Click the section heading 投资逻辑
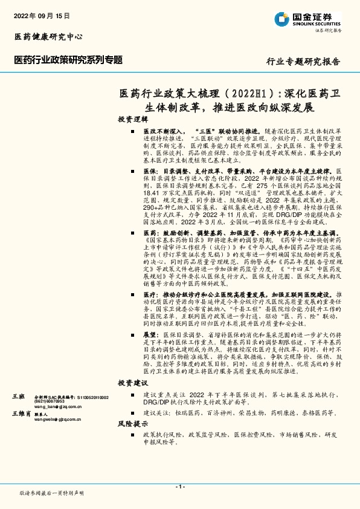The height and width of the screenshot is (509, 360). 132,119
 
